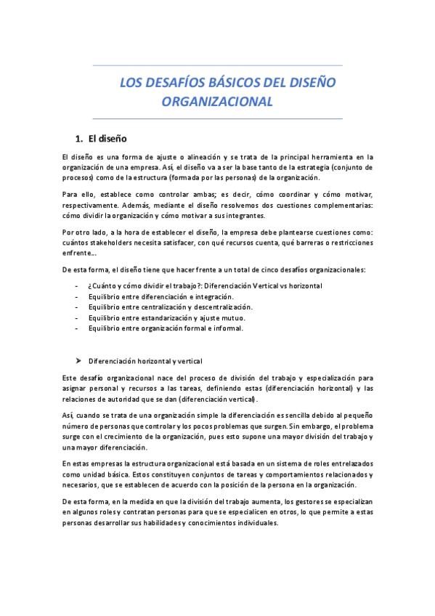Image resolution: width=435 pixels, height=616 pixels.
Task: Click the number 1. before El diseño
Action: (x=80, y=139)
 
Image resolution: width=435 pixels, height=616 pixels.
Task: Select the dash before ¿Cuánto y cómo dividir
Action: (x=77, y=286)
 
